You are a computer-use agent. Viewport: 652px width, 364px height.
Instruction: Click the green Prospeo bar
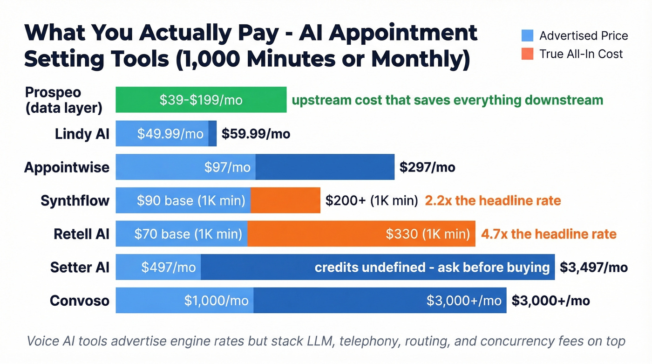[x=201, y=100]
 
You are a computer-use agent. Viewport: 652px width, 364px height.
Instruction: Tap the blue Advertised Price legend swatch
[x=527, y=35]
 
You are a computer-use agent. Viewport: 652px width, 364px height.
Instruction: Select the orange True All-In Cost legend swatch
[x=527, y=54]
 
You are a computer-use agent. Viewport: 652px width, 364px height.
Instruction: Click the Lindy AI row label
[x=82, y=134]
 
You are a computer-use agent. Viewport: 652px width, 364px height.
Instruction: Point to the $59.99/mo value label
[x=256, y=134]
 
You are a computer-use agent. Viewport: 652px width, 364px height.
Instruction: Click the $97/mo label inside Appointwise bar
[x=227, y=167]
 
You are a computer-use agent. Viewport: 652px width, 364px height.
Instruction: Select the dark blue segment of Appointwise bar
[x=325, y=167]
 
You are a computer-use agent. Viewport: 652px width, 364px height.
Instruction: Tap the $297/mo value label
[x=427, y=167]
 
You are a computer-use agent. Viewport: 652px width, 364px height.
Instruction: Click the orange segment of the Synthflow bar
[x=285, y=201]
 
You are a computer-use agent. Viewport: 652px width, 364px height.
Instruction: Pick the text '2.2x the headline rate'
[x=493, y=201]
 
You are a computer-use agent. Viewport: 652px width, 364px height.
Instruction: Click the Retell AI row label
[x=81, y=234]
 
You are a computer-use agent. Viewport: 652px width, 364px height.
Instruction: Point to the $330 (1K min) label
[x=428, y=234]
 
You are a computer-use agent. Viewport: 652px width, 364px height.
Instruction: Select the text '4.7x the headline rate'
[x=549, y=234]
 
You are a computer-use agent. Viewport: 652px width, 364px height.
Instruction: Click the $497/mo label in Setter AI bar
[x=168, y=268]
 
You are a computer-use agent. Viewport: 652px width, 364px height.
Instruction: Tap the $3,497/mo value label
[x=593, y=268]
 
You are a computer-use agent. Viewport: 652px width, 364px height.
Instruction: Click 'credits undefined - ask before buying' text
[x=432, y=268]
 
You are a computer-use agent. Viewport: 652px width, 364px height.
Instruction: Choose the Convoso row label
[x=80, y=301]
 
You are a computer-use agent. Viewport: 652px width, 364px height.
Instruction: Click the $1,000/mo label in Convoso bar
[x=216, y=301]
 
